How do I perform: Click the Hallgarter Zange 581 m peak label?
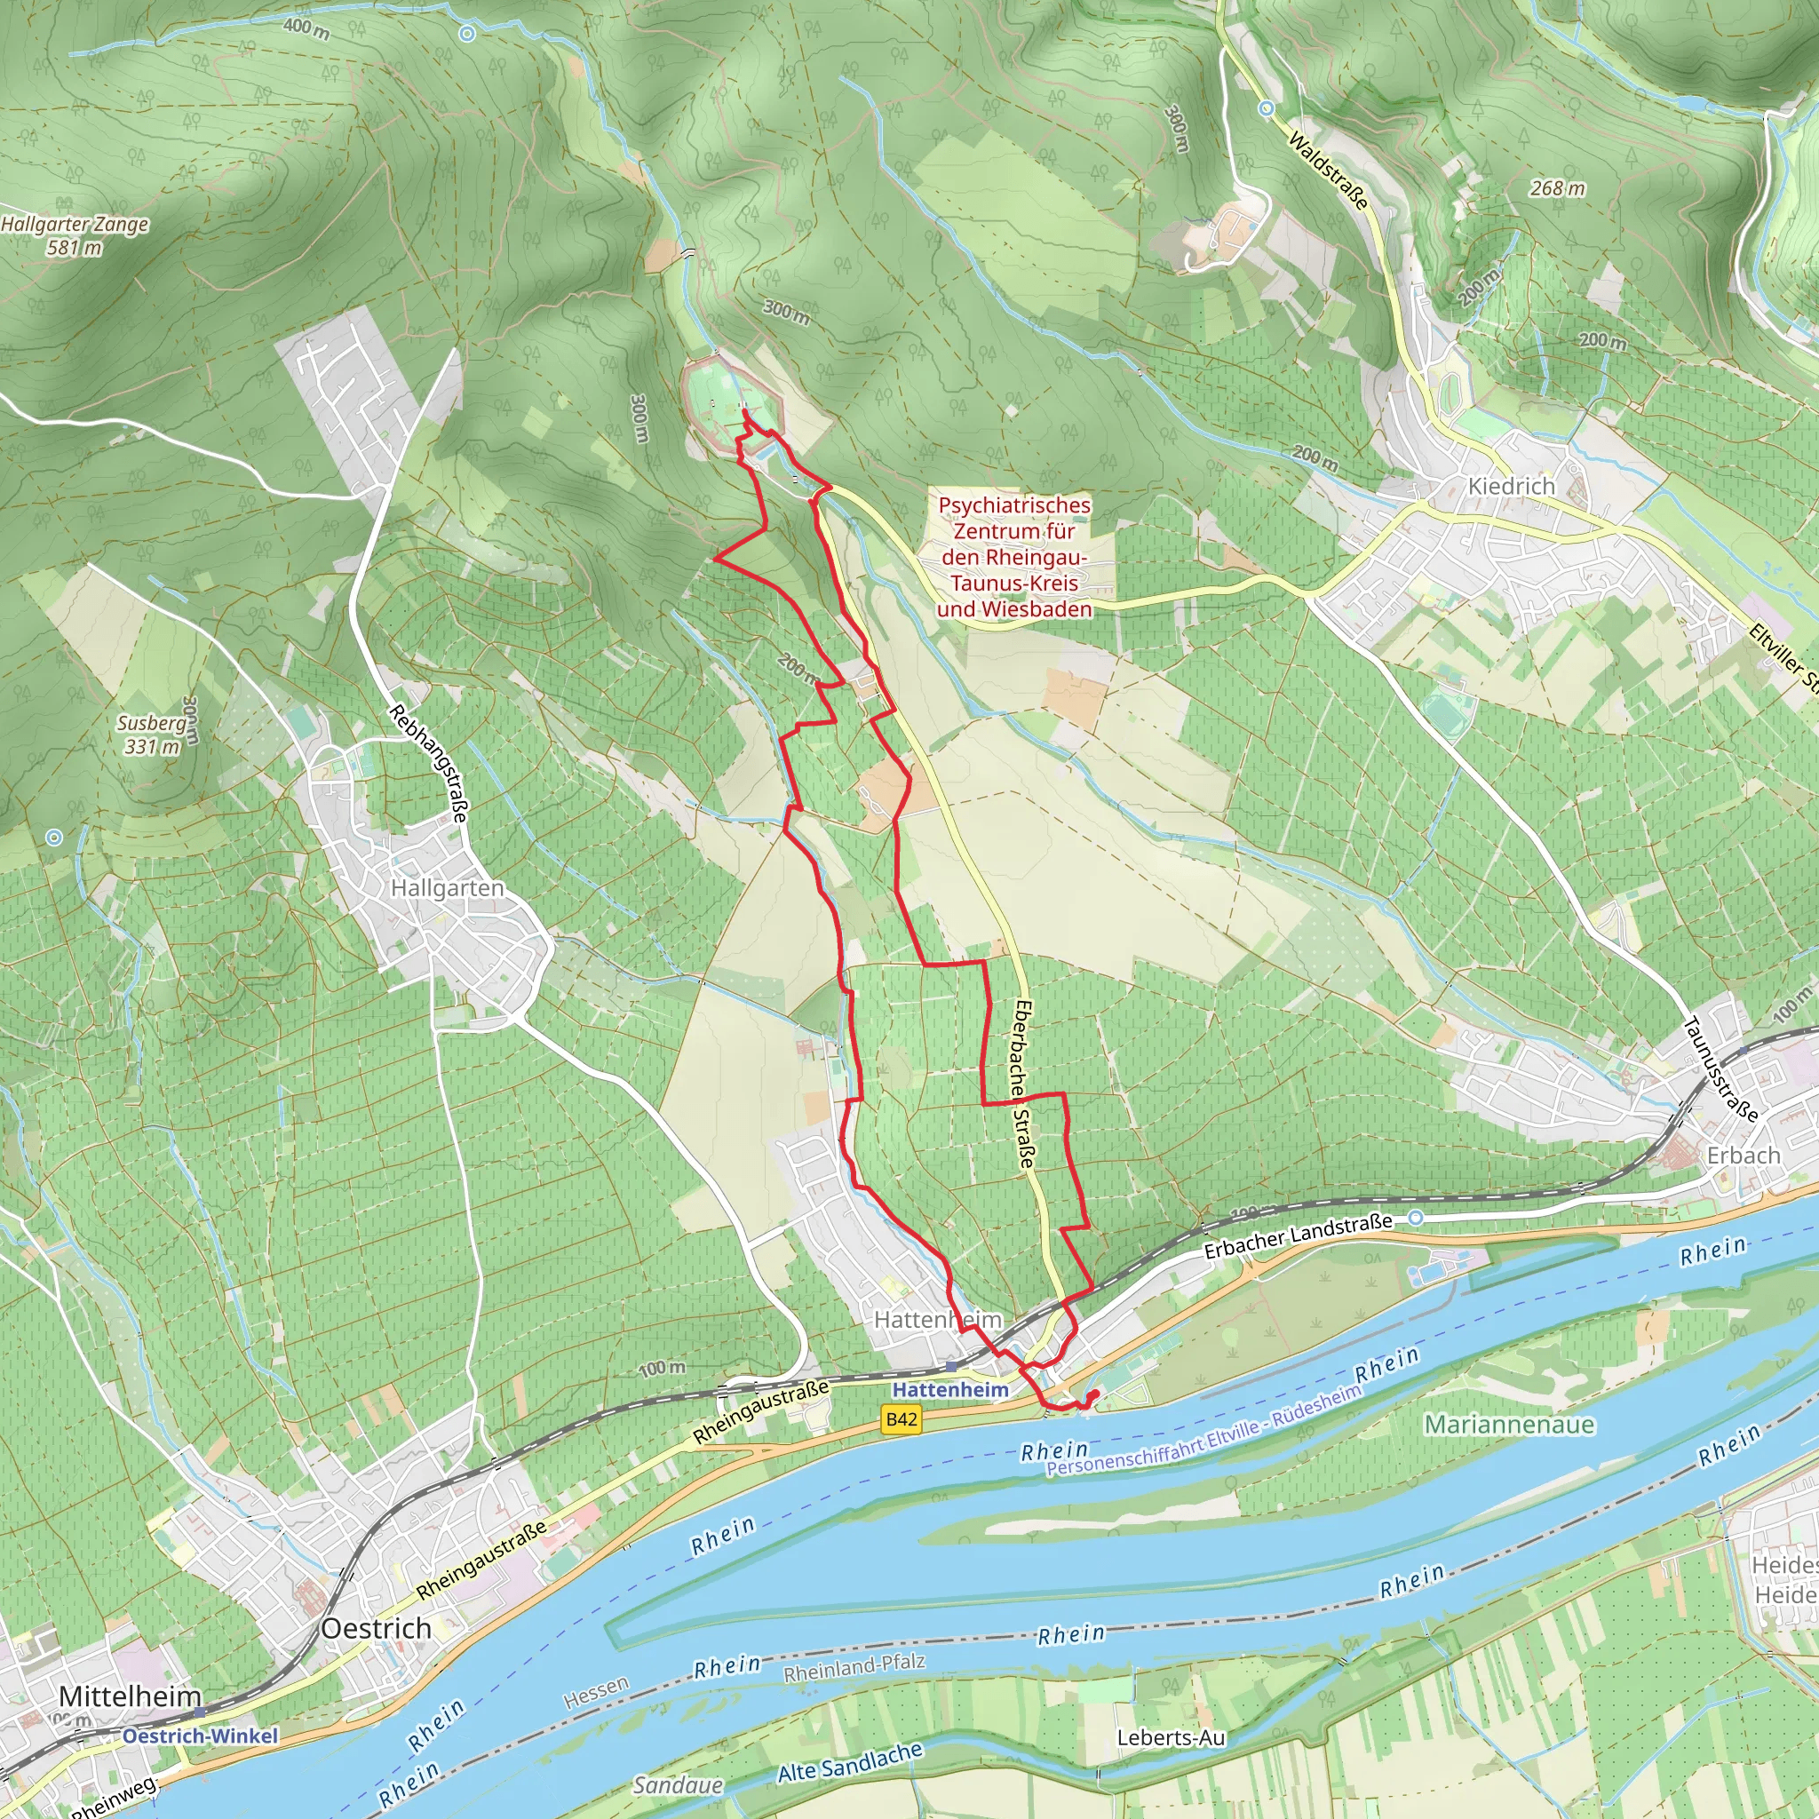tap(75, 235)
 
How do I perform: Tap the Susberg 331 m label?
tap(152, 735)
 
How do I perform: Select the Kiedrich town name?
tap(1511, 486)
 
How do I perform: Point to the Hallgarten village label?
tap(448, 888)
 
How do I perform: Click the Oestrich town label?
tap(376, 1628)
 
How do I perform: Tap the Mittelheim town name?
tap(130, 1696)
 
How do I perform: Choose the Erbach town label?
tap(1743, 1156)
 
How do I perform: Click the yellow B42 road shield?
tap(901, 1418)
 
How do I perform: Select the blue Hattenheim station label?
tap(950, 1390)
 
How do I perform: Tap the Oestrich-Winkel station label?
tap(200, 1736)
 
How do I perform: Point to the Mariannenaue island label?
tap(1508, 1424)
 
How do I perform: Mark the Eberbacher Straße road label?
tap(1024, 1084)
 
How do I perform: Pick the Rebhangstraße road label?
tap(428, 763)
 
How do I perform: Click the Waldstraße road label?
tap(1328, 171)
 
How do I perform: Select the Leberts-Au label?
tap(1171, 1737)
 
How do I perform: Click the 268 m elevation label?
tap(1557, 188)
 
